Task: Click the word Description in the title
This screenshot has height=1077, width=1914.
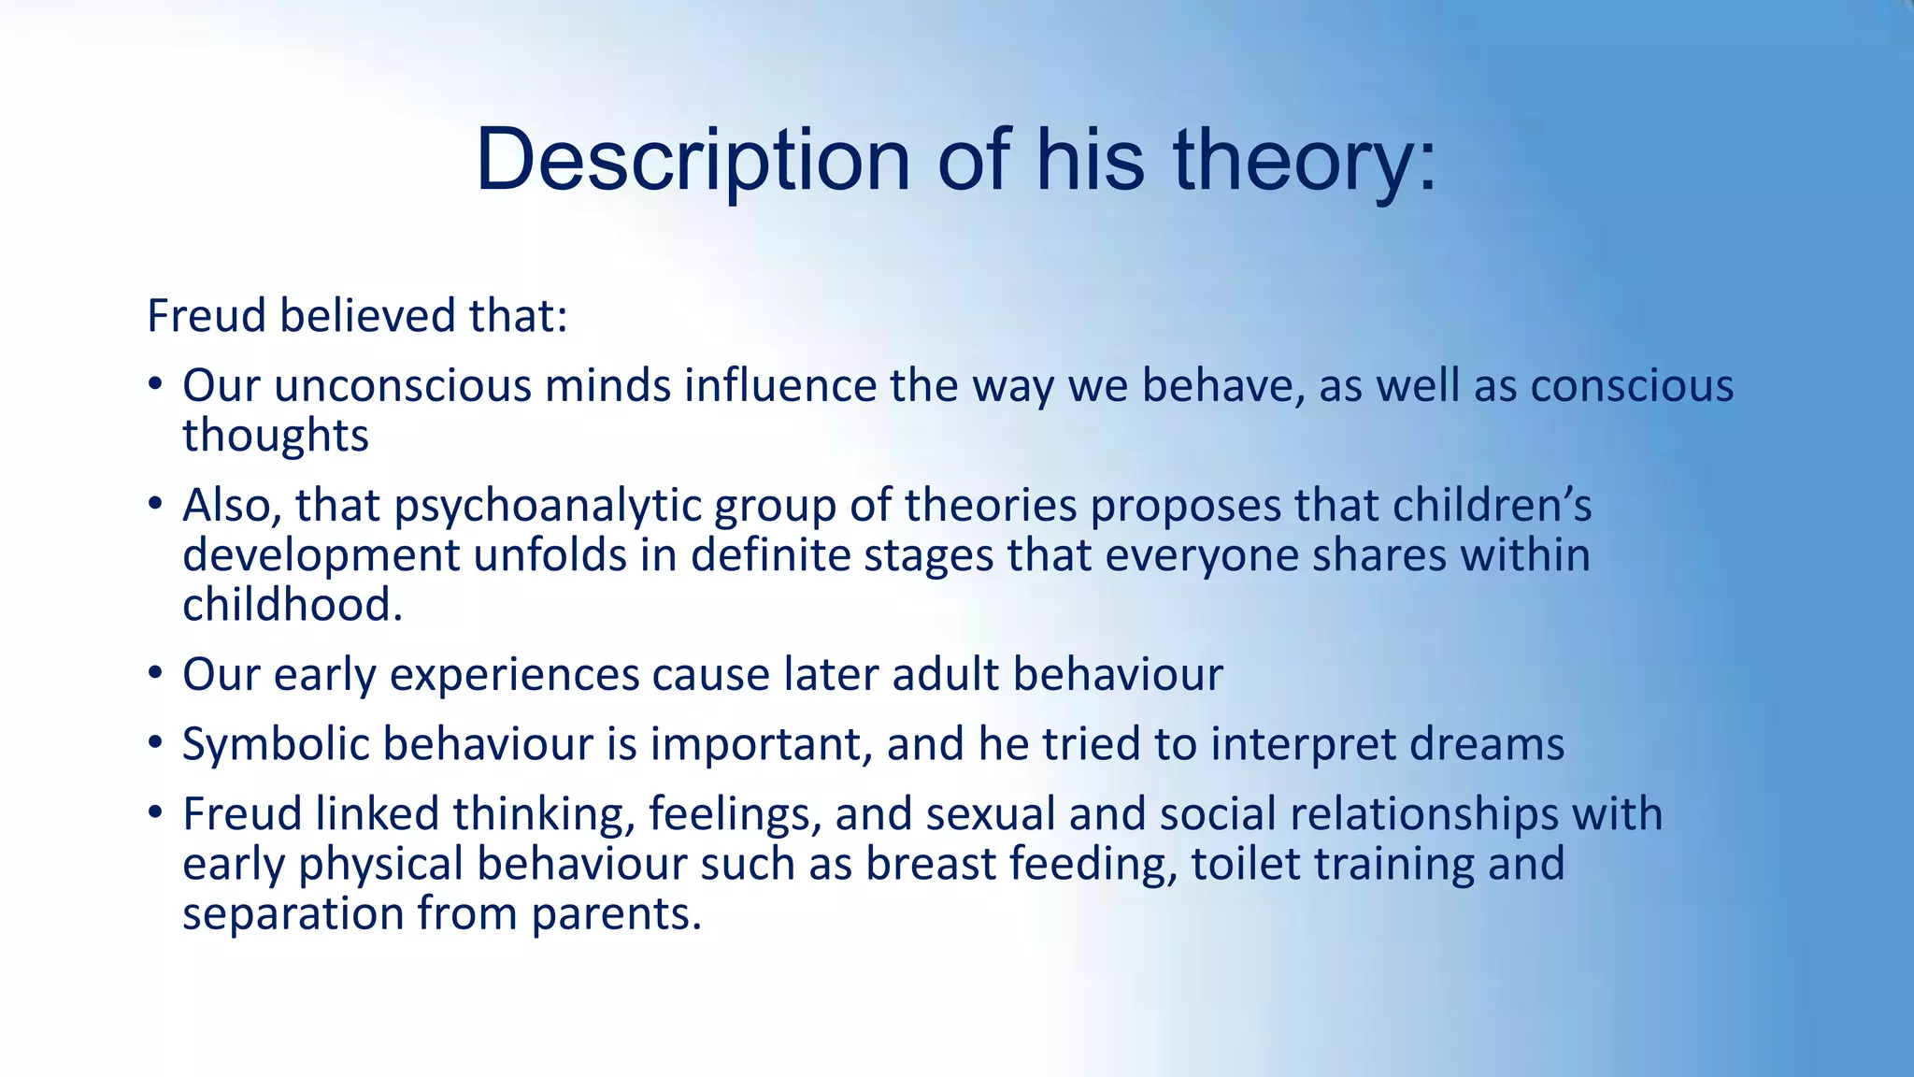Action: point(693,161)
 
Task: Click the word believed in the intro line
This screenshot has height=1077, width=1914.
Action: point(366,315)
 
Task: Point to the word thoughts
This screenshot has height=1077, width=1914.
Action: point(276,436)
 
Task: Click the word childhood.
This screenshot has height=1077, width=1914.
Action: point(292,605)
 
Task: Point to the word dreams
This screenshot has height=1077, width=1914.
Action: point(1486,745)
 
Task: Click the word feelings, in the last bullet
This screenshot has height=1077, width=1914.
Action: point(735,814)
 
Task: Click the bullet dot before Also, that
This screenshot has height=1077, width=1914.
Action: point(155,506)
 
